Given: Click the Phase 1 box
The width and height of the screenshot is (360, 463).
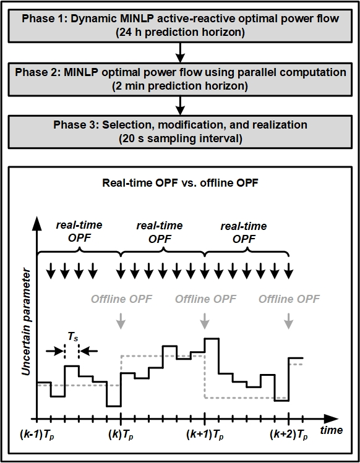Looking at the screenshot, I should [179, 24].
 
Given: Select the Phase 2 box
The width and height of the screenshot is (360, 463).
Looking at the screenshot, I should [179, 79].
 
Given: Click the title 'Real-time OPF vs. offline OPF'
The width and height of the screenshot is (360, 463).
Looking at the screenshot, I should [179, 183].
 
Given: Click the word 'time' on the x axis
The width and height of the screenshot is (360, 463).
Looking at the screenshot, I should [332, 428].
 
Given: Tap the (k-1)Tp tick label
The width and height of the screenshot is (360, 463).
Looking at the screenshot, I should [38, 435].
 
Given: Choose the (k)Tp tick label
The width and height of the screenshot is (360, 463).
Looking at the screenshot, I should [121, 435].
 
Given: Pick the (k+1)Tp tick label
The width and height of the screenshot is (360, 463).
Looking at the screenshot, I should [205, 435].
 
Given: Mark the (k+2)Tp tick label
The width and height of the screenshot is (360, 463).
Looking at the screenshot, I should [289, 435].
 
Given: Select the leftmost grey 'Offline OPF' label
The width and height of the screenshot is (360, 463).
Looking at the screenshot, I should [121, 299].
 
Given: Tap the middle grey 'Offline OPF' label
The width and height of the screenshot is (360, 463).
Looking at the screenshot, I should [205, 299].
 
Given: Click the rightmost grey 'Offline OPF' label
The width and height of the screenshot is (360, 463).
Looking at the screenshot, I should [289, 299].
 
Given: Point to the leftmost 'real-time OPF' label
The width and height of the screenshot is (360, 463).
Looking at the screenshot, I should [79, 232].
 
